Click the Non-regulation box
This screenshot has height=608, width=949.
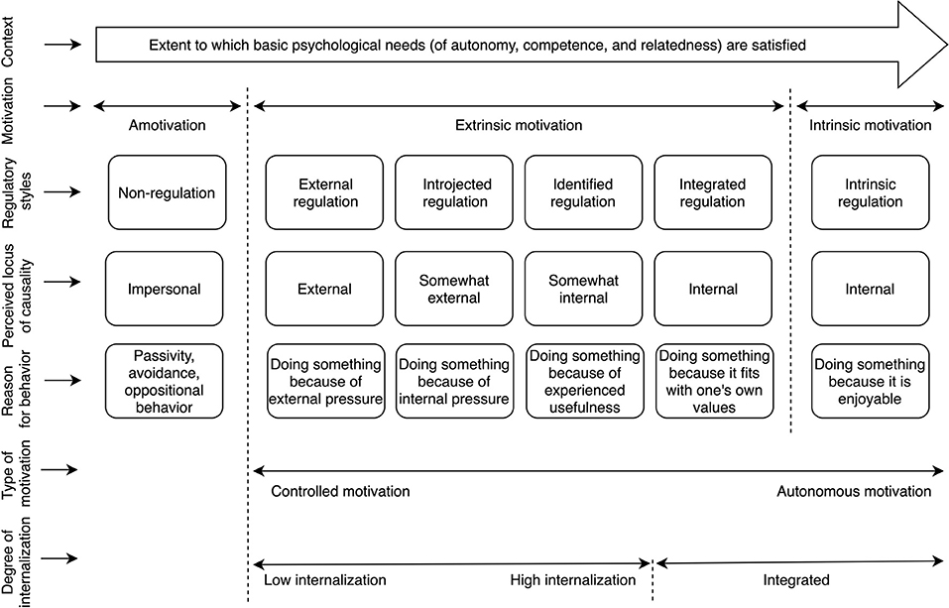point(167,193)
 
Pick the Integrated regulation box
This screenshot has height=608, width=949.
point(712,193)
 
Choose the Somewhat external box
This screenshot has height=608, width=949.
point(454,290)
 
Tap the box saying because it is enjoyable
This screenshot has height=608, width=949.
point(869,381)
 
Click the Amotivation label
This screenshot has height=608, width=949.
point(167,125)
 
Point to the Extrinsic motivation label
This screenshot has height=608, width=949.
point(518,125)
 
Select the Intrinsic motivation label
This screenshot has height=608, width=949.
point(870,125)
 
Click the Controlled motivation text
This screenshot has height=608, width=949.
point(339,491)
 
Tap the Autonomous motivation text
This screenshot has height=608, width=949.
point(854,491)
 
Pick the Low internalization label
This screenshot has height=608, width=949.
point(324,580)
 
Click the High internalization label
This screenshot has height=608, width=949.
point(572,580)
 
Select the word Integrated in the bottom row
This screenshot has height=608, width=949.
point(795,580)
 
